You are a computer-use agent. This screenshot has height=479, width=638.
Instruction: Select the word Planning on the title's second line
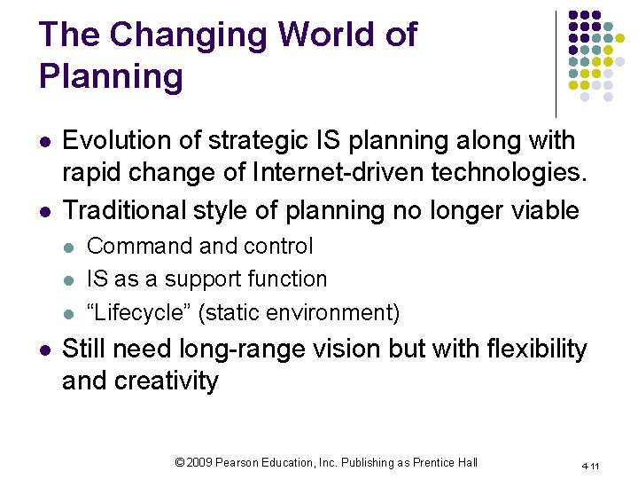point(111,77)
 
